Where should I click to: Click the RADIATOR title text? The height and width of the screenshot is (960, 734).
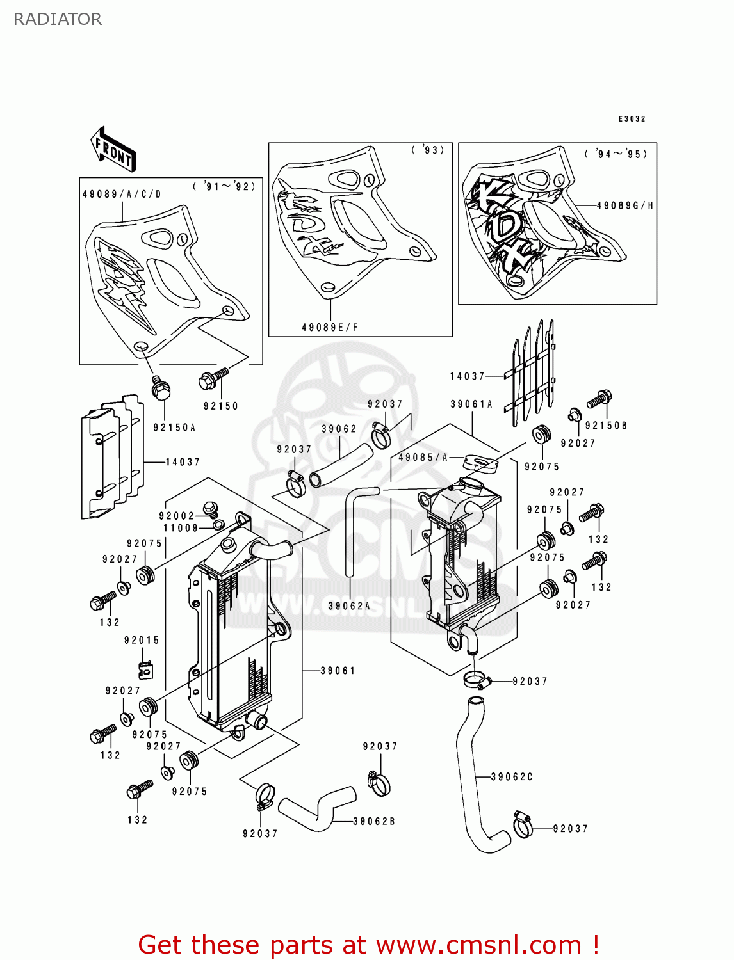coord(58,19)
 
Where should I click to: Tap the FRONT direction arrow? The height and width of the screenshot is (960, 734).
coord(113,150)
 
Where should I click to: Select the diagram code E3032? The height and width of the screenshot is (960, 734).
coord(632,119)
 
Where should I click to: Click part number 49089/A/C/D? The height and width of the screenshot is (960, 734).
coord(122,194)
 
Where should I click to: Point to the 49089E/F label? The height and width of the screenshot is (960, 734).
coord(330,327)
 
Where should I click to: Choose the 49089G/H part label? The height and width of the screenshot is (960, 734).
coord(624,205)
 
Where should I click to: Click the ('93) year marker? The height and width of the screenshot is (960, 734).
coord(428,150)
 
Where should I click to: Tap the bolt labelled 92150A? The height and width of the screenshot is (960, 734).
coord(161,387)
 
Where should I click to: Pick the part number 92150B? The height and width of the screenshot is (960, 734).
coord(606,426)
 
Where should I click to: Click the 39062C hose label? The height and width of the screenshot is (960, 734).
coord(512,776)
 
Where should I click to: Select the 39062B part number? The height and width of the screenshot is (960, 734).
coord(374,821)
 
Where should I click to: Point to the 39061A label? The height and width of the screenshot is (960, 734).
coord(471,404)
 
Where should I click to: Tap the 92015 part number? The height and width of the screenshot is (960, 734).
coord(142,640)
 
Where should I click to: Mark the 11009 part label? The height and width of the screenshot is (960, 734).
coord(181,528)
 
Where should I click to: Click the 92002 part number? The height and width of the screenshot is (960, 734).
coord(177,516)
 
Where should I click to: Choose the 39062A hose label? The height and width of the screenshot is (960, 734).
coord(349,605)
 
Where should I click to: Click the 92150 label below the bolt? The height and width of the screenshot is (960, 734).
coord(221,406)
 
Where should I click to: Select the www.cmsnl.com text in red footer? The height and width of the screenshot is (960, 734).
coord(478,945)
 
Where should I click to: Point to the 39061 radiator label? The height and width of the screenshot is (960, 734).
coord(338,670)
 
